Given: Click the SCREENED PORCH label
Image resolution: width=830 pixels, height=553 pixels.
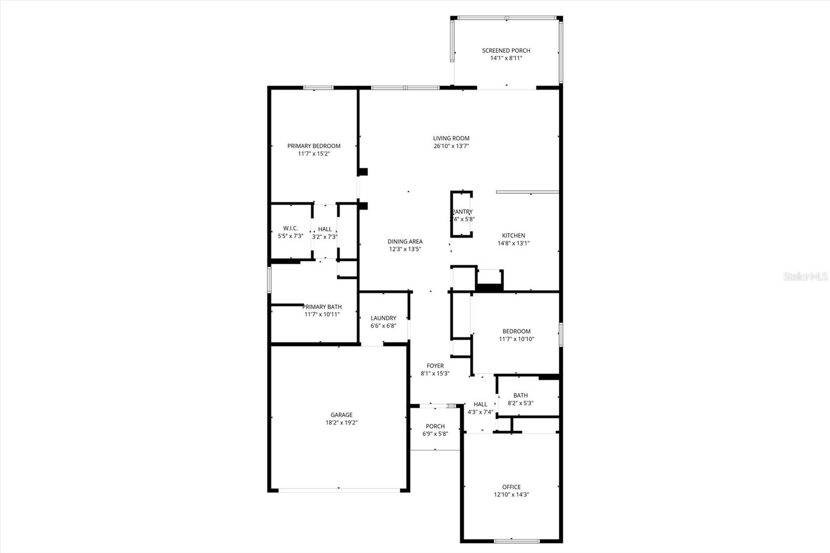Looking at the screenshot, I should (506, 50).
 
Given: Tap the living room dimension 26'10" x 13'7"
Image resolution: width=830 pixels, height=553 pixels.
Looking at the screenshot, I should (451, 146).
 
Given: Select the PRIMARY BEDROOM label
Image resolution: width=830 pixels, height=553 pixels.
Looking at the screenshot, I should (314, 146).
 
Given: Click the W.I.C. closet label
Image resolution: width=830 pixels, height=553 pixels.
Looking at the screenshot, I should (290, 228).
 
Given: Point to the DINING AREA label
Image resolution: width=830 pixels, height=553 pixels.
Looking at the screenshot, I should (405, 241).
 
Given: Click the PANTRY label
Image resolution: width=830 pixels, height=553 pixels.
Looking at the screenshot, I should (462, 212).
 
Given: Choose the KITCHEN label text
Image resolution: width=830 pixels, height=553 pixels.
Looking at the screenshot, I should (514, 236).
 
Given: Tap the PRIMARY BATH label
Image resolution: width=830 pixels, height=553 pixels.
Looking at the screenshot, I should (322, 307).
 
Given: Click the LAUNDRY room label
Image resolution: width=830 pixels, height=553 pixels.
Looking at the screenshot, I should (383, 318).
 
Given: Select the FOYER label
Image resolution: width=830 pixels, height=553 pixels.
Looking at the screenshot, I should (435, 366).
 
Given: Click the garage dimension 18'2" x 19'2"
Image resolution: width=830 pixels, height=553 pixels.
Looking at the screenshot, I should (341, 422).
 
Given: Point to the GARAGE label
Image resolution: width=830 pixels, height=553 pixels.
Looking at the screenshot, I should (341, 414).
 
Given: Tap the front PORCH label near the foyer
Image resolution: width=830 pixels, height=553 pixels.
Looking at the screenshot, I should (435, 426).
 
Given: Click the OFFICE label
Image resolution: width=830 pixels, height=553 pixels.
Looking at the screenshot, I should (511, 487).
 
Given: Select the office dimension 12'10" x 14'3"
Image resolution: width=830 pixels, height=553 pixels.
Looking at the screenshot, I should (511, 495).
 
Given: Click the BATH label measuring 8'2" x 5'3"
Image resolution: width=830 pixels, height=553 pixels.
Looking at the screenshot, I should (520, 395).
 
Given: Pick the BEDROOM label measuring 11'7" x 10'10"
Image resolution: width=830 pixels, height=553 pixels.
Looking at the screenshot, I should (516, 331).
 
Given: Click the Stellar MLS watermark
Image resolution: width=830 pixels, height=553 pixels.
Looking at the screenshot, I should (805, 276).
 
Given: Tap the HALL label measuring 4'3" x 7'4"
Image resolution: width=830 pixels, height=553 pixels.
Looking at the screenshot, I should (480, 404).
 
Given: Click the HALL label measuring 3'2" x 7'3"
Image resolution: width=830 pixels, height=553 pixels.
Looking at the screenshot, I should (325, 229).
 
